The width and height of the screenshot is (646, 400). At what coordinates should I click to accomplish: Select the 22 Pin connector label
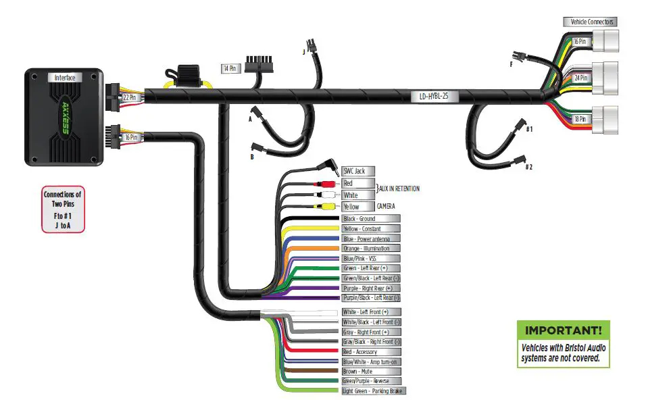click(129, 97)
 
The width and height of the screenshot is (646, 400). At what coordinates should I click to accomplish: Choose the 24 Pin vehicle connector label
click(580, 78)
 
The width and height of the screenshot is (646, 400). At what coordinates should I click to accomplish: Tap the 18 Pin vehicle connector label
click(580, 119)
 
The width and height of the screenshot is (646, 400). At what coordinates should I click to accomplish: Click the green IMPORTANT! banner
click(563, 330)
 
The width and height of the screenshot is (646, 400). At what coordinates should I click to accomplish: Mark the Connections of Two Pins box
click(63, 209)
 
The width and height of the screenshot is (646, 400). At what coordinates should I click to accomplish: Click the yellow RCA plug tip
click(328, 206)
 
